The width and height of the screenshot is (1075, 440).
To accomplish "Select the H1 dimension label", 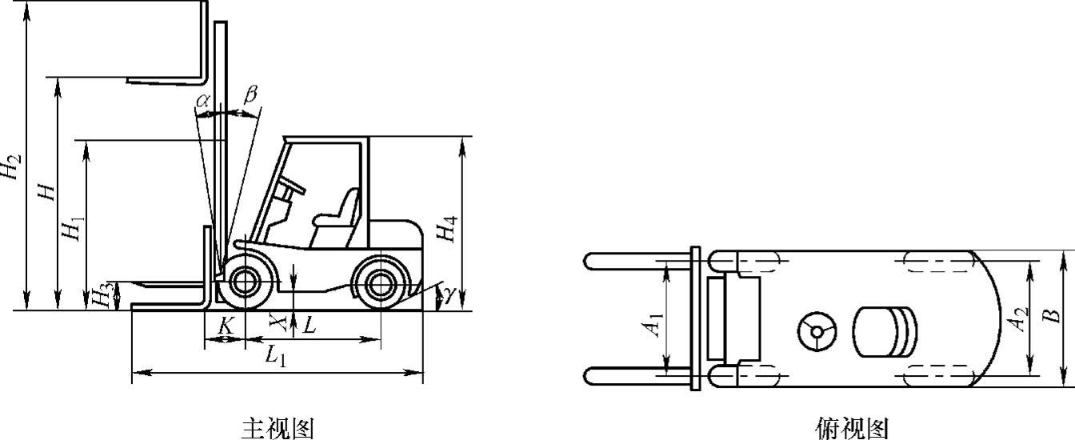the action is click(73, 229).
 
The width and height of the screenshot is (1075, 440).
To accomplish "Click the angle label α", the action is click(202, 100).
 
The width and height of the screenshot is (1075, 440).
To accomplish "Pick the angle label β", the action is click(250, 94).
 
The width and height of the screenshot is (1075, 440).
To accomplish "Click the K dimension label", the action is click(226, 326).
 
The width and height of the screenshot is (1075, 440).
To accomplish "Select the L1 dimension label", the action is click(277, 356).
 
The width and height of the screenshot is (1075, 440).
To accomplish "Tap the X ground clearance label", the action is click(278, 322).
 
